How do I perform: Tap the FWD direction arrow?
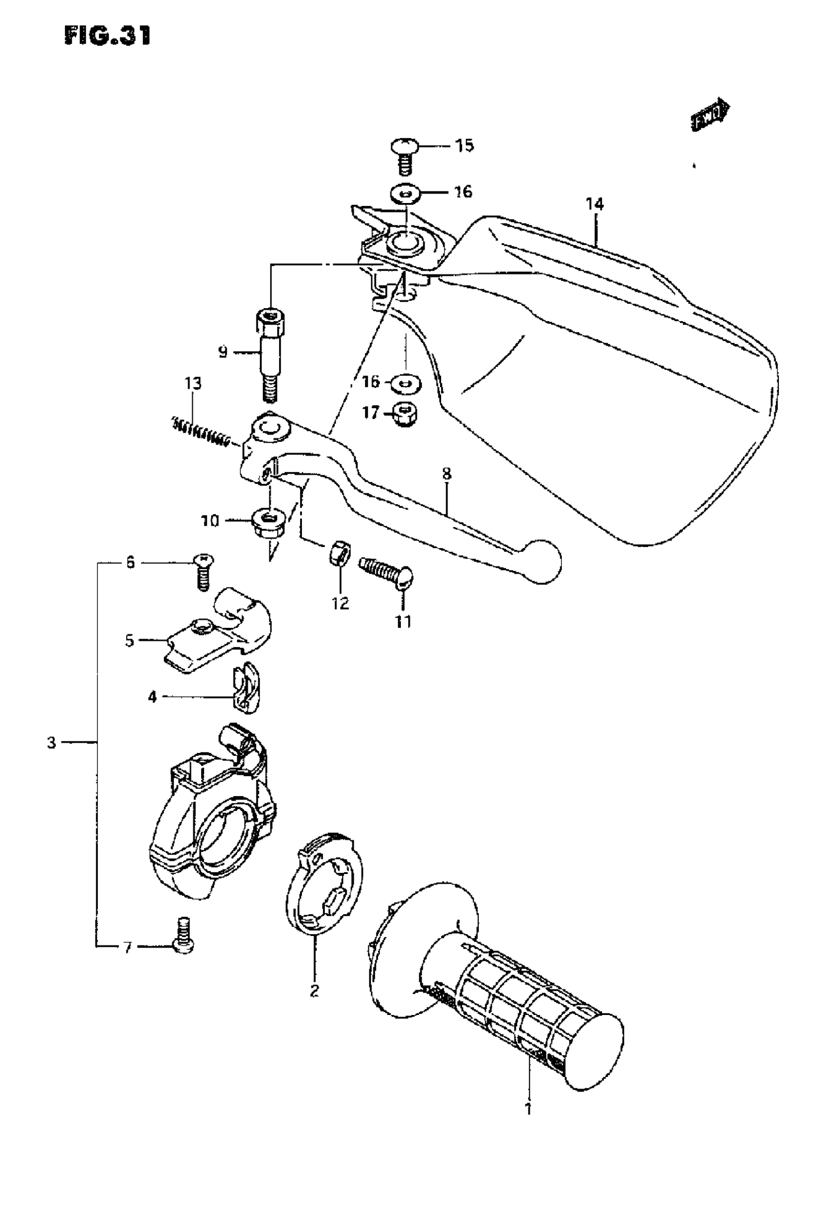pyautogui.click(x=710, y=116)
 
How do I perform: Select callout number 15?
pyautogui.click(x=463, y=145)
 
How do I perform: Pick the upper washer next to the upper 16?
pyautogui.click(x=406, y=193)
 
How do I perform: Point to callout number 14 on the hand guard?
pyautogui.click(x=594, y=204)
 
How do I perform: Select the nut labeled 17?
pyautogui.click(x=404, y=414)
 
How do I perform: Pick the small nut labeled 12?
pyautogui.click(x=339, y=553)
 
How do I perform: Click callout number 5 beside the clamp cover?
pyautogui.click(x=129, y=640)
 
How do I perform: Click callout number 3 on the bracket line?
pyautogui.click(x=51, y=743)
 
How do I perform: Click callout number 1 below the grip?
pyautogui.click(x=528, y=1109)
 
